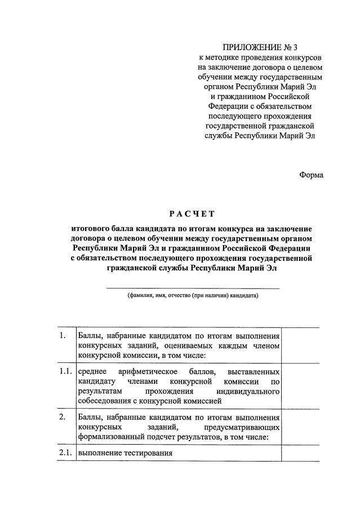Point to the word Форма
point(311,175)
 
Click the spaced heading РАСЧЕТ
point(192,214)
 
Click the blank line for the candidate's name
point(193,288)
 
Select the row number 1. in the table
point(63,336)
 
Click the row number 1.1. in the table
point(65,371)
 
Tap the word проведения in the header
point(266,58)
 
